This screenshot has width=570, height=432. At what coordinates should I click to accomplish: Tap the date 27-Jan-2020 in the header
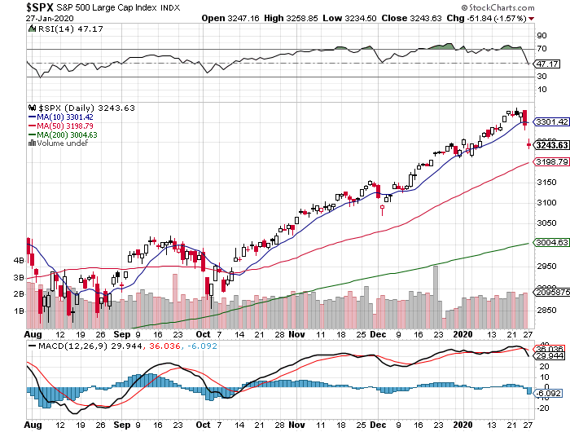[24, 18]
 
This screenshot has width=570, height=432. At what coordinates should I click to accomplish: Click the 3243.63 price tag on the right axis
[549, 144]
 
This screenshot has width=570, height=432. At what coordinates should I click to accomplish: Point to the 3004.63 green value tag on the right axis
[549, 242]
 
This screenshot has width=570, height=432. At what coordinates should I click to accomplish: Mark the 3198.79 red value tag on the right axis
[549, 162]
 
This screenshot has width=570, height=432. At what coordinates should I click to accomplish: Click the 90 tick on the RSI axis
[540, 36]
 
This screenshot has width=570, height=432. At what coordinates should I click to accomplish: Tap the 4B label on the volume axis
[18, 260]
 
